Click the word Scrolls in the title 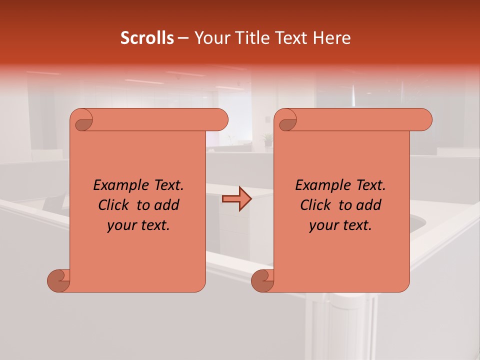(147, 38)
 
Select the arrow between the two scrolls (236, 199)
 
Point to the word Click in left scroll (114, 205)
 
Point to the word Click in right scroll (316, 205)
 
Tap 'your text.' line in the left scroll (138, 225)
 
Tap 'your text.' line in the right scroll (340, 225)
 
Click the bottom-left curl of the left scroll (59, 280)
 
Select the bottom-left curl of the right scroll (263, 280)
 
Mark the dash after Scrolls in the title (183, 38)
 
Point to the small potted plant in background (268, 139)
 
